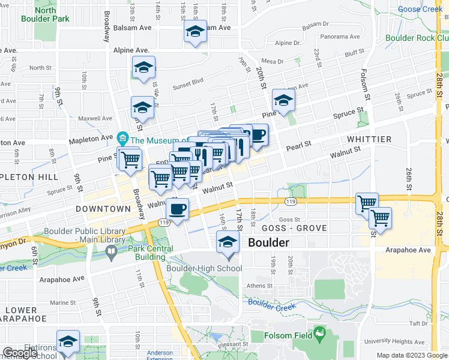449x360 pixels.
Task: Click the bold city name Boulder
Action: point(268,243)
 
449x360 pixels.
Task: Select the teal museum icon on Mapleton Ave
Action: point(123,139)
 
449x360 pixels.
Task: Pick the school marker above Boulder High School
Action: point(228,242)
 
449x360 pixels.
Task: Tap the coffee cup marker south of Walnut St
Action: point(177,210)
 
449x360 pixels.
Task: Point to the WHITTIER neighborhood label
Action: point(369,139)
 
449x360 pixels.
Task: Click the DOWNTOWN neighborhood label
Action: point(103,209)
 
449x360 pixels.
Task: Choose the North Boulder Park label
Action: point(46,14)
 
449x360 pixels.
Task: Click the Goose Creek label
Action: point(420,9)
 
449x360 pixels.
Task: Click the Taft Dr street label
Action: point(418,323)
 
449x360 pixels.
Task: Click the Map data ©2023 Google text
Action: point(411,355)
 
